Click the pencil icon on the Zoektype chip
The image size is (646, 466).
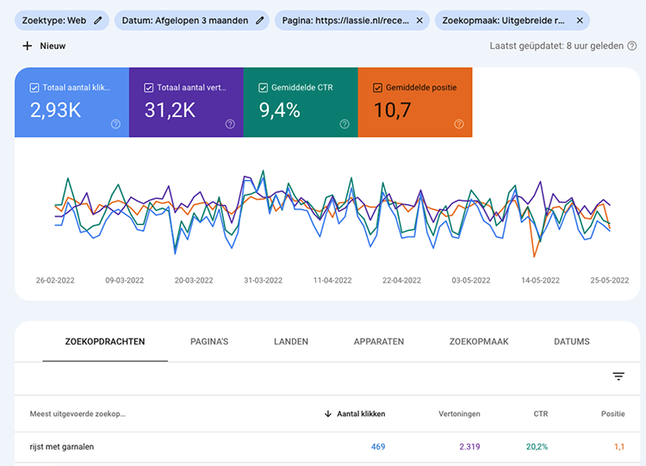[x=98, y=20]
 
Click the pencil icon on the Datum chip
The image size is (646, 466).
[x=260, y=20]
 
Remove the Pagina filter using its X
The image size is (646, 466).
[x=419, y=20]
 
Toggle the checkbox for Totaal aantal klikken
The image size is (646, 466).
[x=34, y=88]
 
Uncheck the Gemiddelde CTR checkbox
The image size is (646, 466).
[x=264, y=88]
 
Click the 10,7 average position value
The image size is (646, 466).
[x=392, y=110]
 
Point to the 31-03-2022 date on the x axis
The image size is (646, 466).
[x=263, y=280]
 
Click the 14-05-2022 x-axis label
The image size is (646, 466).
[x=540, y=280]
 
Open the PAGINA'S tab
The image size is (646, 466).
[x=209, y=342]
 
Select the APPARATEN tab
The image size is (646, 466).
[x=378, y=342]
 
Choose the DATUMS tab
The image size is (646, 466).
[x=572, y=342]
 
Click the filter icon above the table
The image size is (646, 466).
[x=618, y=376]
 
